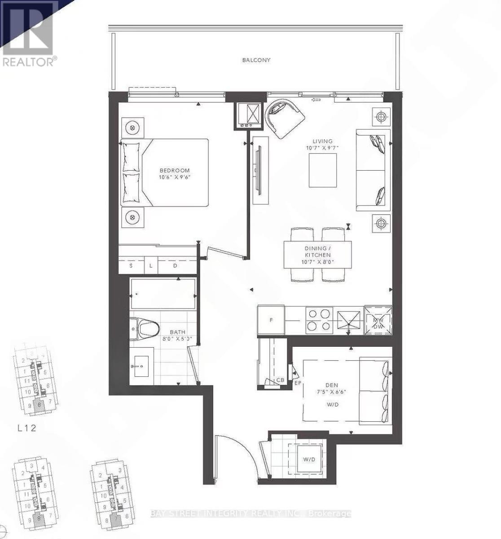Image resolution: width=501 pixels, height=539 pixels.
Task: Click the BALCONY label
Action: tap(256, 60)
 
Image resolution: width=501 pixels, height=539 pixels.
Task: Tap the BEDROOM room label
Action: tap(175, 170)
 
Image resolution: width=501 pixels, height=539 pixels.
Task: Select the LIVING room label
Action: tap(323, 141)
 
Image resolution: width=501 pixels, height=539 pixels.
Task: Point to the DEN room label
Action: tap(331, 384)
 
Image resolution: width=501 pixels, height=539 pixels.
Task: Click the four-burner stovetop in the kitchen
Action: tap(319, 320)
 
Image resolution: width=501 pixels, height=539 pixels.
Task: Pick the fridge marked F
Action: tap(271, 320)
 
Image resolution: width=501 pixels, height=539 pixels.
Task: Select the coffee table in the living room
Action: tap(323, 170)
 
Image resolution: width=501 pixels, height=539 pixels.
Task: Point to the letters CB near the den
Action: tap(281, 380)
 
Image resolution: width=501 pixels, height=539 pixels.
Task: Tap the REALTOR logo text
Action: tap(30, 62)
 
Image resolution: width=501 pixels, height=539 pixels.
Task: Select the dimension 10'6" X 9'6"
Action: tap(175, 177)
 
